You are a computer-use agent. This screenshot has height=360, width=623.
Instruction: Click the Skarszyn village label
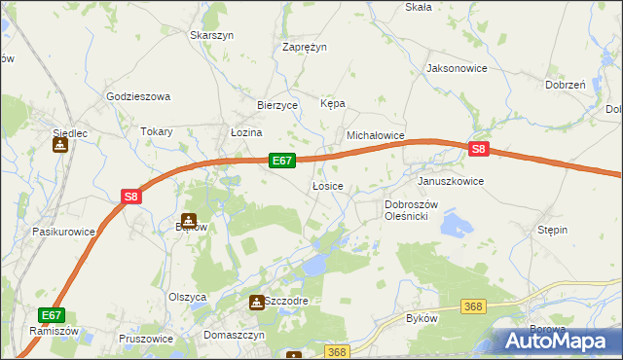213,35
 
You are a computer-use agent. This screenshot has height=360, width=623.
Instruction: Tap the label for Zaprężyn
305,46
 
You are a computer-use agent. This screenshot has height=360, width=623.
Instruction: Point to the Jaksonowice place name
457,69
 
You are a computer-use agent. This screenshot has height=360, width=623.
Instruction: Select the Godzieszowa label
138,96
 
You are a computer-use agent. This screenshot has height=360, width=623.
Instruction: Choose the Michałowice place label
376,136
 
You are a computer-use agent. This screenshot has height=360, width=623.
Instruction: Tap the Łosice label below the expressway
327,186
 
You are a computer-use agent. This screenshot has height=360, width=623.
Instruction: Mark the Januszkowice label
451,181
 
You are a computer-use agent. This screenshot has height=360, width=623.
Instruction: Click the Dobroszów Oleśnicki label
413,210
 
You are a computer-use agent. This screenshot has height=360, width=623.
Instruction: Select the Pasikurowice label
63,232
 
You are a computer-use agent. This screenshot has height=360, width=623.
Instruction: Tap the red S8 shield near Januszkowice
478,150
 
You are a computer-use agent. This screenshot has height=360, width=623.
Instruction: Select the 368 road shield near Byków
473,306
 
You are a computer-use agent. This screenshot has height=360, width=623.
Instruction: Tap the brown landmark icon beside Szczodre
256,303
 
